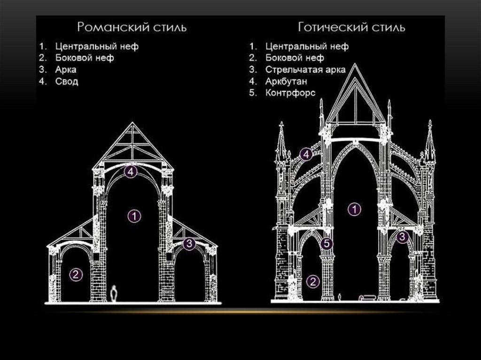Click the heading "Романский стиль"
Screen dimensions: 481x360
coord(132,27)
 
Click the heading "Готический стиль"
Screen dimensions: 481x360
coord(351,27)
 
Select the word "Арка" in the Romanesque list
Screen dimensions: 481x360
coord(65,70)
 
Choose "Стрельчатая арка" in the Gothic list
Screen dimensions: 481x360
coord(305,70)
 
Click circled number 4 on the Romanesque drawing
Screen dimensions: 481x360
coord(131,172)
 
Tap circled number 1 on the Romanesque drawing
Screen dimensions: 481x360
coord(134,216)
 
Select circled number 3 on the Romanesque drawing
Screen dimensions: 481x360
coord(189,244)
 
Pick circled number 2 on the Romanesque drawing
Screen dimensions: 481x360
coord(75,275)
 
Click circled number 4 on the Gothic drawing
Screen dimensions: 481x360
coord(306,154)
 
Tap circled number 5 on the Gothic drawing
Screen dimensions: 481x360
coord(327,244)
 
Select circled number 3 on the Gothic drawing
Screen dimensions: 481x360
coord(402,237)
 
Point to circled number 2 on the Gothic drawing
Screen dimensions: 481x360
coord(313,281)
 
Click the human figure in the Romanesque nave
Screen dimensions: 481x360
coord(114,294)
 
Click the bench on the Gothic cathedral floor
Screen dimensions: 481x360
coord(367,297)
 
